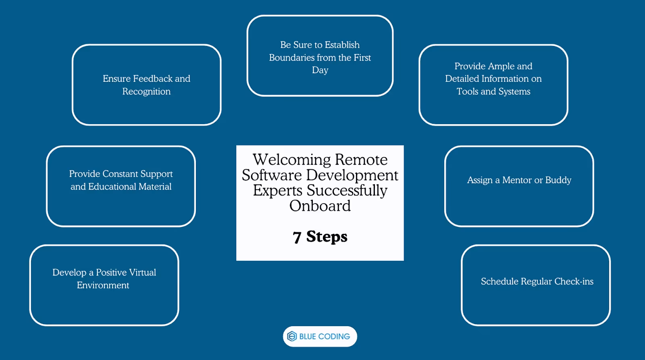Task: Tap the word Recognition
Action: [146, 92]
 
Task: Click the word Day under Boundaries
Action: [320, 70]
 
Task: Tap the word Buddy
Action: [558, 180]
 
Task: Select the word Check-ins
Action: [574, 281]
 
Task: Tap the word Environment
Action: [103, 285]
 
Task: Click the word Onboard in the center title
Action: [320, 206]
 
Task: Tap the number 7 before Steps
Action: [297, 237]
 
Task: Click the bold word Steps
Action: [327, 237]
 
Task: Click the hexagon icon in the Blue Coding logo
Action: [292, 336]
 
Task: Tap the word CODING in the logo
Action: [334, 337]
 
